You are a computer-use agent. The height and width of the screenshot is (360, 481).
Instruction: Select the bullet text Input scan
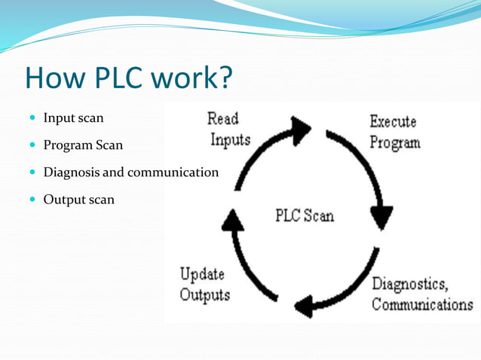(x=73, y=118)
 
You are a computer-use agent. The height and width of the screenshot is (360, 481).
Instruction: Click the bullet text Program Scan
(x=83, y=145)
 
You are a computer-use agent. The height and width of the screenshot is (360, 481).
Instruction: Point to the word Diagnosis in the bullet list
(x=71, y=172)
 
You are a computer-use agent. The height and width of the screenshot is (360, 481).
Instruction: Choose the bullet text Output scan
(x=78, y=200)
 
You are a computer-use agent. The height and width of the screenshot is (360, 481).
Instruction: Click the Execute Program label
(x=394, y=132)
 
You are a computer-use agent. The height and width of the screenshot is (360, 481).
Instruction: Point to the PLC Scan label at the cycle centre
(x=304, y=216)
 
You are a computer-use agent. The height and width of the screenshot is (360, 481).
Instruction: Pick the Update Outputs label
(x=204, y=284)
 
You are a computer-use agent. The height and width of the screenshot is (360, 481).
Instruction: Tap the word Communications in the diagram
(x=422, y=305)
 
